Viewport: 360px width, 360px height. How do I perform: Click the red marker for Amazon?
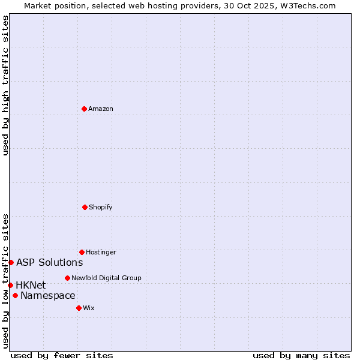[84, 109]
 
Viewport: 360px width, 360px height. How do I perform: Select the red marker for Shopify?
[85, 207]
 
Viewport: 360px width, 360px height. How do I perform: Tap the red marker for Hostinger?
[82, 252]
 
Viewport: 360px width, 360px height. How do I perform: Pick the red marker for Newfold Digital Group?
[67, 278]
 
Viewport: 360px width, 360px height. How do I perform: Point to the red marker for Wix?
[79, 308]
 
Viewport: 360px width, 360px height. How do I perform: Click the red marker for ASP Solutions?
[11, 262]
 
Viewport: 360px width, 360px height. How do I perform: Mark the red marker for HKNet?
[10, 285]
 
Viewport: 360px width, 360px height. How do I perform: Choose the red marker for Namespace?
[15, 295]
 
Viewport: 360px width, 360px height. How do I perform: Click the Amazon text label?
[101, 109]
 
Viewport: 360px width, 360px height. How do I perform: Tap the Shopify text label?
[101, 207]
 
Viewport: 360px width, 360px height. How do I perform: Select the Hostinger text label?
[101, 252]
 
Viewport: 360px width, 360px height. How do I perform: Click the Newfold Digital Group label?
[106, 278]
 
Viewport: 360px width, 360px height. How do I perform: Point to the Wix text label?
[89, 308]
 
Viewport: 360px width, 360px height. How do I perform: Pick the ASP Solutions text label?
[50, 262]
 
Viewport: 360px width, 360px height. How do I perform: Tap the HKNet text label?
[31, 285]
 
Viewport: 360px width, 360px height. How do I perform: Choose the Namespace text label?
[48, 295]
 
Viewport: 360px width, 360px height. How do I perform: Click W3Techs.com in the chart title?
[307, 5]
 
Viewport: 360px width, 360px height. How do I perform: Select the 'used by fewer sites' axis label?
[62, 355]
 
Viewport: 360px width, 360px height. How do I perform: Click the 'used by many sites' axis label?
[301, 355]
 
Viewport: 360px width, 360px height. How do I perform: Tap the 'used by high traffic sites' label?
[5, 85]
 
